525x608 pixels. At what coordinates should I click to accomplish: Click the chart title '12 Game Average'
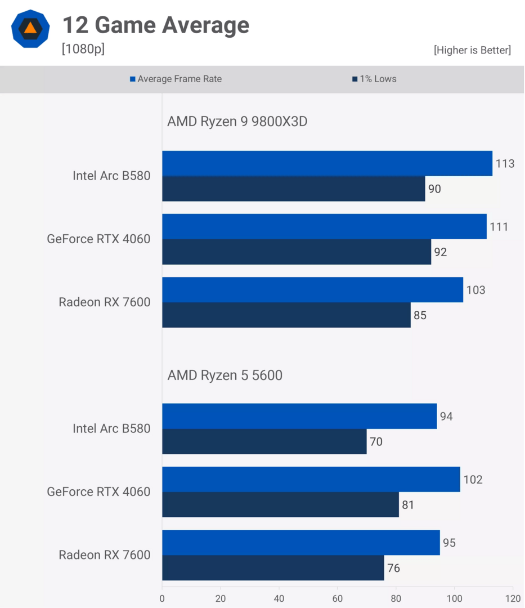pyautogui.click(x=155, y=25)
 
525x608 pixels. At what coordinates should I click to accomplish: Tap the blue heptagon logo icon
pyautogui.click(x=30, y=29)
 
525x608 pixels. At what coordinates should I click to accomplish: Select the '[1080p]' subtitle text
pyautogui.click(x=83, y=49)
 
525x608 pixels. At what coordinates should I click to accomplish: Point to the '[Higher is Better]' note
pyautogui.click(x=472, y=50)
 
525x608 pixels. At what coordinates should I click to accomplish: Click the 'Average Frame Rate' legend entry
pyautogui.click(x=176, y=79)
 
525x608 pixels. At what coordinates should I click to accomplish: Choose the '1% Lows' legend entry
pyautogui.click(x=374, y=79)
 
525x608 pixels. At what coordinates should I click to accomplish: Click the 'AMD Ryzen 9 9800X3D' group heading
pyautogui.click(x=237, y=122)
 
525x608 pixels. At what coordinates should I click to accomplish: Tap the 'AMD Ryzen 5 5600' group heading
pyautogui.click(x=225, y=375)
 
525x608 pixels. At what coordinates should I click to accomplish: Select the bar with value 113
pyautogui.click(x=327, y=163)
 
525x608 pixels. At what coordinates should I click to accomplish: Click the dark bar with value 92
pyautogui.click(x=297, y=252)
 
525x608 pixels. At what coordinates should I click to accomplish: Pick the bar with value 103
pyautogui.click(x=312, y=289)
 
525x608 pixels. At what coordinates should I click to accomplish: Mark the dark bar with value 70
pyautogui.click(x=264, y=441)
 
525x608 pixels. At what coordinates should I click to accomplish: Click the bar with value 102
pyautogui.click(x=311, y=479)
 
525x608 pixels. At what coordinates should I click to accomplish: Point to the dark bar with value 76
pyautogui.click(x=273, y=567)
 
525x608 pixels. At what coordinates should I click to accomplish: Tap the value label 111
pyautogui.click(x=499, y=227)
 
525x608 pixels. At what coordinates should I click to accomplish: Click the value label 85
pyautogui.click(x=420, y=315)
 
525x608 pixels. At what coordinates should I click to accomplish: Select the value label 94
pyautogui.click(x=446, y=417)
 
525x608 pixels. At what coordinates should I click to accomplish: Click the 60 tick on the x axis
pyautogui.click(x=338, y=598)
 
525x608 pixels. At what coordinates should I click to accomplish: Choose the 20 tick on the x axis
pyautogui.click(x=221, y=598)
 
